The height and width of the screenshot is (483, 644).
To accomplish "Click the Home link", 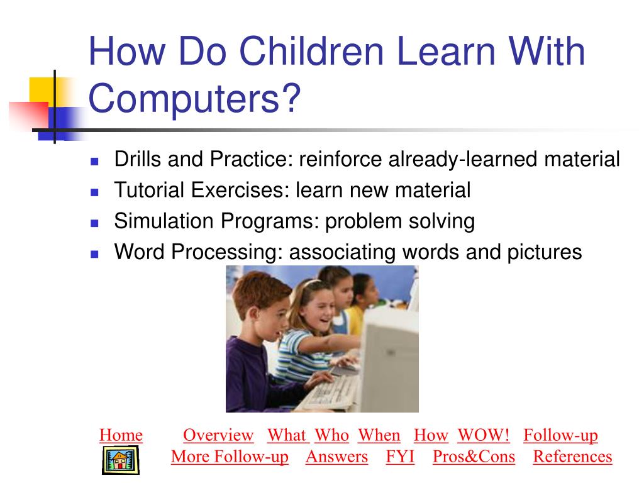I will click(x=121, y=435).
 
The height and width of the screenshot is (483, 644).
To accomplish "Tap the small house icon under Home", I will click(x=120, y=460).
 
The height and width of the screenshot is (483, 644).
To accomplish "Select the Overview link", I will click(x=218, y=435).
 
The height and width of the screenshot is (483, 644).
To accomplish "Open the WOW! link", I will click(x=483, y=435).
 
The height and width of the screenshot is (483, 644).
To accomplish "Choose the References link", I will click(x=572, y=457).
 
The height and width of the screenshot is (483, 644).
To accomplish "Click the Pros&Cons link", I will click(x=474, y=457).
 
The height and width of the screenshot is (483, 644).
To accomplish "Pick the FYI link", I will click(x=400, y=457).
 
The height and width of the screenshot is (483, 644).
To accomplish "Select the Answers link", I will click(x=336, y=457).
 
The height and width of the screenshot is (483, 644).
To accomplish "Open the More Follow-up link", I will click(x=230, y=457).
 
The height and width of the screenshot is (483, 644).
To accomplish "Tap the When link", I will click(x=379, y=435).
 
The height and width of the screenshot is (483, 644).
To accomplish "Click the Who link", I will click(x=331, y=435).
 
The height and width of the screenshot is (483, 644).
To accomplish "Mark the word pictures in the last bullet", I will click(x=544, y=252).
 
